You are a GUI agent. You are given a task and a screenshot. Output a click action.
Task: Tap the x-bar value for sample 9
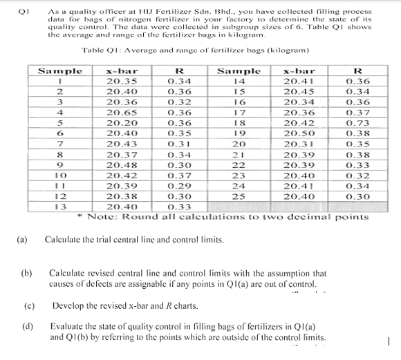click(121, 164)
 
